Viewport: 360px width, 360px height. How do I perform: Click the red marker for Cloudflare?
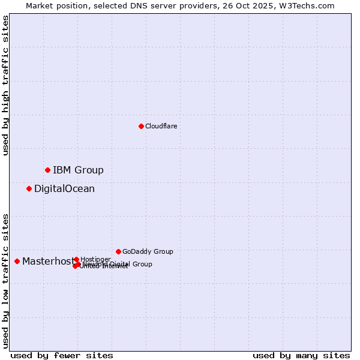coord(141,126)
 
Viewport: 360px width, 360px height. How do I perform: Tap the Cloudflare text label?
coord(161,126)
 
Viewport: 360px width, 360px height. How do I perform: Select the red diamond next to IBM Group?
coord(47,170)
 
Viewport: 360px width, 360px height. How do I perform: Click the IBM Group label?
coord(78,170)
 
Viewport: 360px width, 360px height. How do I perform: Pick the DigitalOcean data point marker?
coord(29,188)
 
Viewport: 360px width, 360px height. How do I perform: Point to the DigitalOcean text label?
coord(64,188)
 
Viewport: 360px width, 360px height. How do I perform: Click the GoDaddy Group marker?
coord(118,251)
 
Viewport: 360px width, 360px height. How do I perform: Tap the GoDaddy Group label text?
coord(148,251)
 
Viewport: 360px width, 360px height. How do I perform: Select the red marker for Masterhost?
coord(17,261)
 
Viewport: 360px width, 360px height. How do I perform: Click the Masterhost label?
coord(48,261)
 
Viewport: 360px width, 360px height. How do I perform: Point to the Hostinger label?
coord(95,259)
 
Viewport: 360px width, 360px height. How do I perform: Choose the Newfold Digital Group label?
coord(120,264)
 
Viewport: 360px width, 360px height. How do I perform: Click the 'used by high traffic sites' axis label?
coord(5,85)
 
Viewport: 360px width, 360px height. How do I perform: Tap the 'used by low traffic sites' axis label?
coord(5,281)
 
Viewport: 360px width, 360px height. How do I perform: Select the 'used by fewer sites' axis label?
coord(62,355)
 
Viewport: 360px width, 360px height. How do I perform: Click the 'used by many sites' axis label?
coord(301,355)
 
